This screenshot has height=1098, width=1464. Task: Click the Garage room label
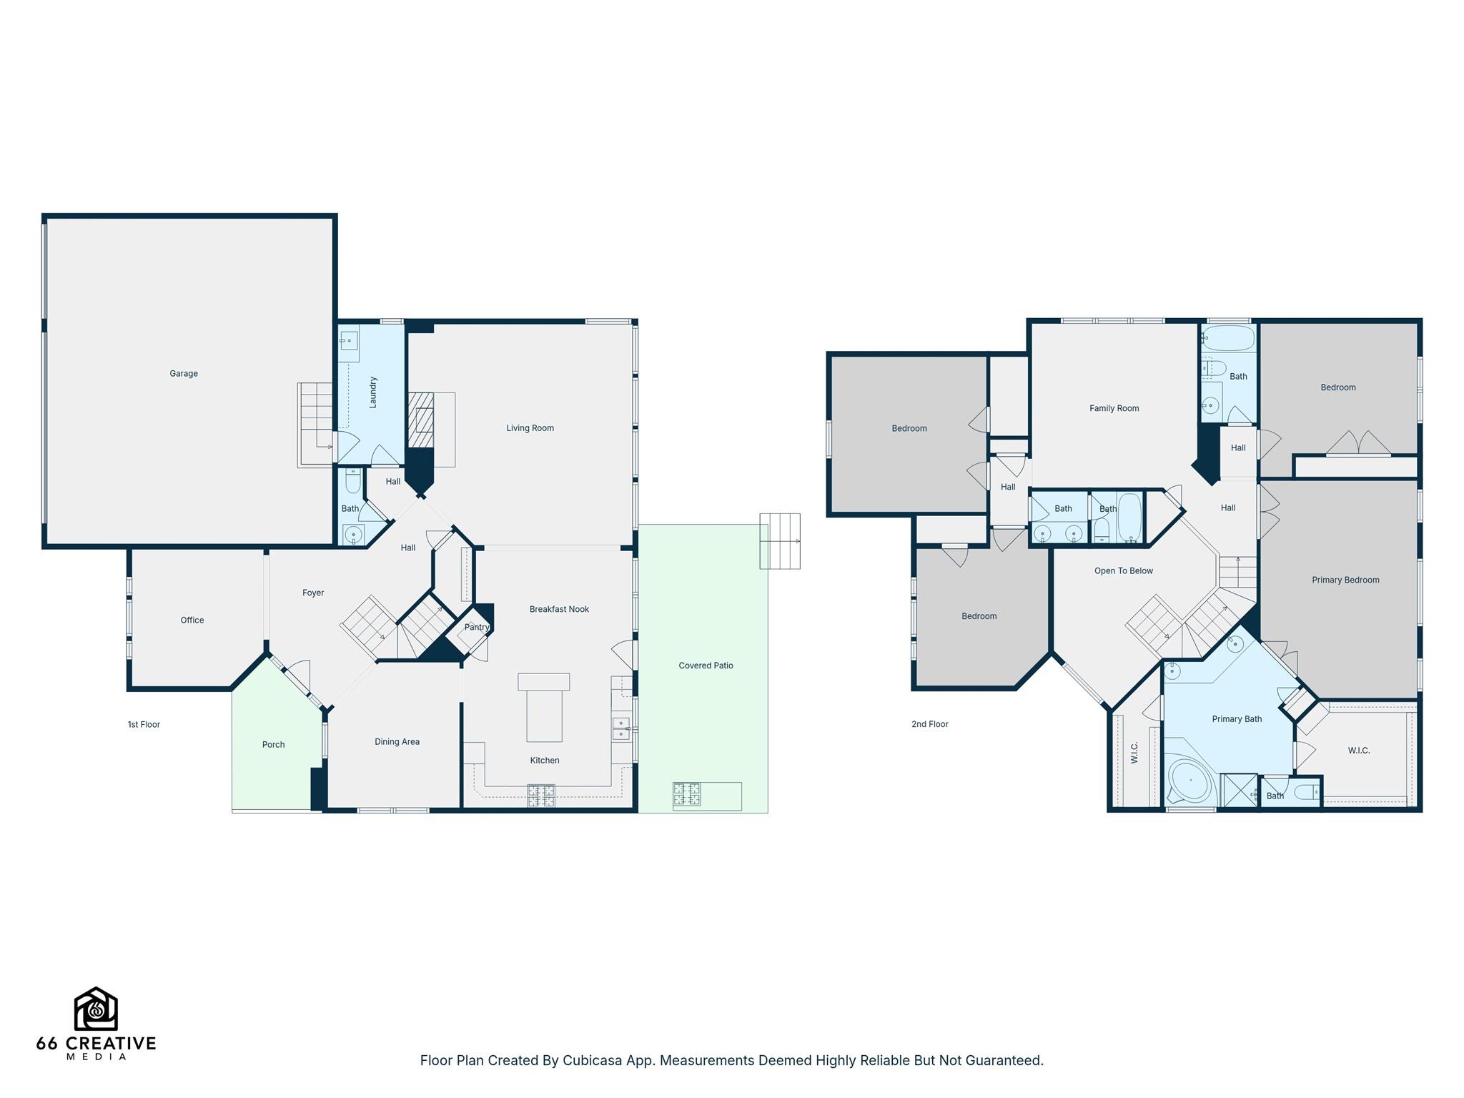[x=184, y=373]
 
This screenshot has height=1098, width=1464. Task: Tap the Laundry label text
[x=372, y=392]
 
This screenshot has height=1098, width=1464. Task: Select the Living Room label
[x=530, y=428]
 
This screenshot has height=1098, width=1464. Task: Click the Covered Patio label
[x=706, y=666]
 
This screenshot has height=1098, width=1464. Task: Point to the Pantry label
[x=477, y=627]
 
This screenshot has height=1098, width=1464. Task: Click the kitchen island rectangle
[x=544, y=708]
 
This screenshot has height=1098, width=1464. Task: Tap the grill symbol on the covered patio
[x=686, y=795]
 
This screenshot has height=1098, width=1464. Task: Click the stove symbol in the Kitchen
[x=541, y=795]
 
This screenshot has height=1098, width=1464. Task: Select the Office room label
[x=192, y=620]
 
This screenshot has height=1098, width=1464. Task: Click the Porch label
[x=273, y=745]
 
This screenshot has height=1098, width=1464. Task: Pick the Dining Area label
[x=397, y=742]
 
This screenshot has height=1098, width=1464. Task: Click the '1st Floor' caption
[x=144, y=725]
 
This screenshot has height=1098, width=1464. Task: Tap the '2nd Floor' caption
[x=929, y=725]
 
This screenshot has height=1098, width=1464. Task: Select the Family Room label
[x=1114, y=408]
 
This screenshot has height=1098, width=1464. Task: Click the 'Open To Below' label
[x=1123, y=571]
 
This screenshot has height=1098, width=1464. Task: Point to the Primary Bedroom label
[x=1345, y=580]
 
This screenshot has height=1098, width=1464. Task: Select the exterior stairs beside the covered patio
[x=780, y=541]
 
